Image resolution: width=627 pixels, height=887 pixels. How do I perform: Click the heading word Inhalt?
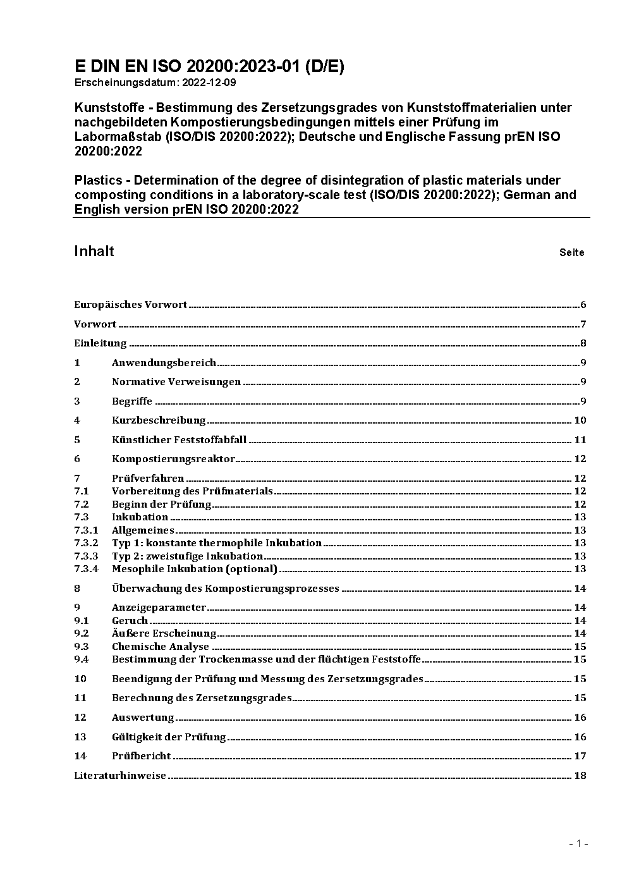94,251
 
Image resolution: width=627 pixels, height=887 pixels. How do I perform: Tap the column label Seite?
571,253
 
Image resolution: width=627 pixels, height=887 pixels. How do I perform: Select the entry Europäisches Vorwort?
131,305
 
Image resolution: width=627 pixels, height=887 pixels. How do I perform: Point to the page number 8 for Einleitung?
583,344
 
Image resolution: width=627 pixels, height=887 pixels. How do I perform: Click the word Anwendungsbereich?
164,363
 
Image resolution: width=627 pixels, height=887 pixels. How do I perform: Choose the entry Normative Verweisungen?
176,382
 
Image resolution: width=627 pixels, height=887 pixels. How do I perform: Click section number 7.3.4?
86,569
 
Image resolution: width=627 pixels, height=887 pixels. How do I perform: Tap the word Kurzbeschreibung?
159,420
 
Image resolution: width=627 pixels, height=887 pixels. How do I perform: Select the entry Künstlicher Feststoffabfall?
179,440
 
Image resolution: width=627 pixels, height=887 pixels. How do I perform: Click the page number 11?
580,440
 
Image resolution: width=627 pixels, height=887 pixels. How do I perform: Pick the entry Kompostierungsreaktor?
173,459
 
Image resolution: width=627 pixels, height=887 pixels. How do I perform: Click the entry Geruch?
130,621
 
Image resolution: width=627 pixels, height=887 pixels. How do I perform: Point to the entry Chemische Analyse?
161,647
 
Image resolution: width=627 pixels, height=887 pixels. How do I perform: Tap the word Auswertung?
143,718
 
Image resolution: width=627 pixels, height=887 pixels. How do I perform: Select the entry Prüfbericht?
142,756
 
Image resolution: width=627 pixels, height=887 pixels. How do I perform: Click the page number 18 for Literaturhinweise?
580,776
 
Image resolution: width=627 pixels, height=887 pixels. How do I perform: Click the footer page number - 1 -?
578,843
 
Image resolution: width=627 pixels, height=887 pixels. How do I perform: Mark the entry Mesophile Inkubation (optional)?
195,569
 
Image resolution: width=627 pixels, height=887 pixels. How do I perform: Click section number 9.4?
82,659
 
